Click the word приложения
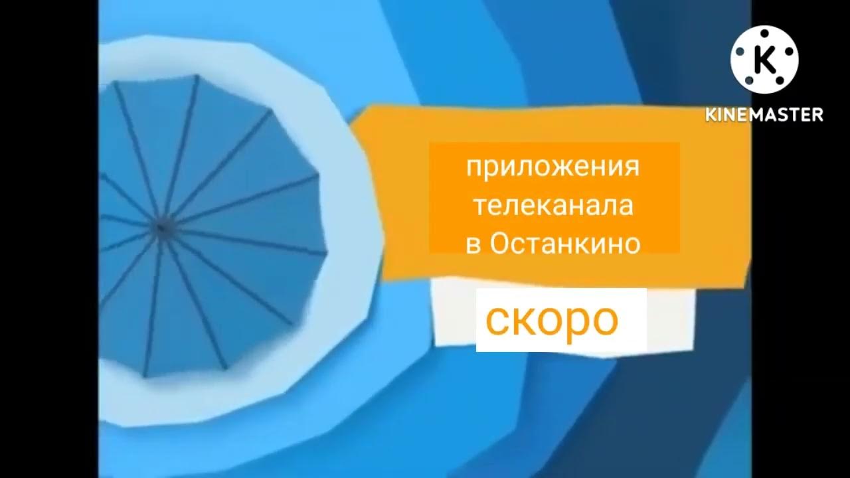click(x=552, y=167)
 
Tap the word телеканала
click(x=552, y=205)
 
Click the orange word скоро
click(x=552, y=321)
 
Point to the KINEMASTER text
click(x=764, y=114)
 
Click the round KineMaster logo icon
click(x=764, y=60)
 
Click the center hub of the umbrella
click(x=160, y=228)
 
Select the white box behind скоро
click(x=561, y=320)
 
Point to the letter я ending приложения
click(x=632, y=167)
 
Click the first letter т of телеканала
click(x=477, y=206)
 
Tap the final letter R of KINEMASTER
click(x=817, y=114)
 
